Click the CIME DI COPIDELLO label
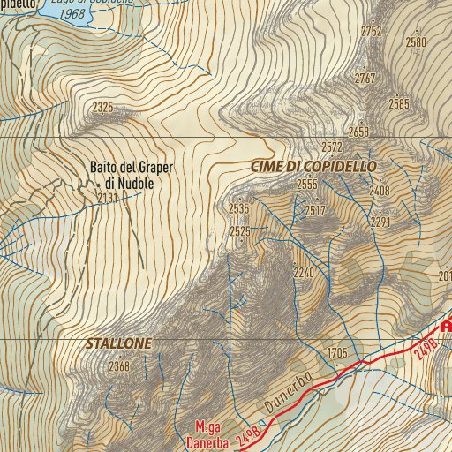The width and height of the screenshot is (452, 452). (313, 166)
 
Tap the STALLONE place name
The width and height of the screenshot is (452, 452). (119, 343)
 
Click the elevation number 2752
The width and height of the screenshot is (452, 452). (372, 31)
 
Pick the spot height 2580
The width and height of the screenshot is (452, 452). (415, 41)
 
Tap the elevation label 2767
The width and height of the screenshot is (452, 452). (365, 79)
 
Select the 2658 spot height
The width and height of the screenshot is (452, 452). (358, 132)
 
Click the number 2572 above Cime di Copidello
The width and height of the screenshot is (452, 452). (332, 147)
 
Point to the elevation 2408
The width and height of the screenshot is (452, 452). (380, 191)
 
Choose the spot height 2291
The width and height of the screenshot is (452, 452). (380, 222)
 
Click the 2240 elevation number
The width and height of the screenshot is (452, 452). (304, 274)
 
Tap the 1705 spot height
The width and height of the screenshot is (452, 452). (337, 353)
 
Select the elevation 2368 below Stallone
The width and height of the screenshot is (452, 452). (119, 366)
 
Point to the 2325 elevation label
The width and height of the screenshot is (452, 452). (102, 108)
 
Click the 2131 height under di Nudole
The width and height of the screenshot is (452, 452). (108, 198)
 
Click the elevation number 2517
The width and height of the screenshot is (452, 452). (315, 211)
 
